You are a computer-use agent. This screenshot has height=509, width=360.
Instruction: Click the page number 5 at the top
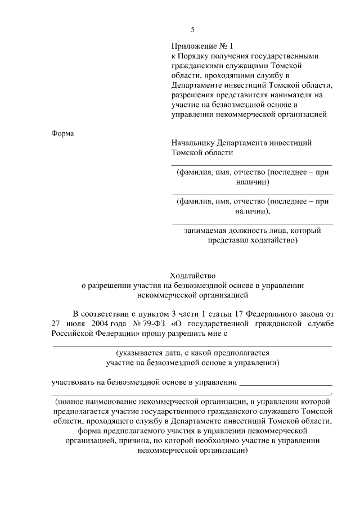coord(192,29)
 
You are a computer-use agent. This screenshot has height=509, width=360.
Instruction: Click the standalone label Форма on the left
coord(62,133)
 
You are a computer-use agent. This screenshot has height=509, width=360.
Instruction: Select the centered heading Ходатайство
coord(192,275)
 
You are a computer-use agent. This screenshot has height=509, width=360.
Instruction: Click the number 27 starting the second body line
coord(56,324)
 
